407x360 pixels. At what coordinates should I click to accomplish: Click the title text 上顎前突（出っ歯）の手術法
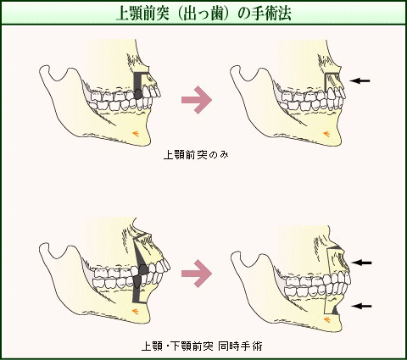[x=203, y=14]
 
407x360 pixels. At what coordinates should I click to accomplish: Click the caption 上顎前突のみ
[x=196, y=155]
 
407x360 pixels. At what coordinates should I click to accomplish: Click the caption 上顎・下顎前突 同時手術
[x=202, y=346]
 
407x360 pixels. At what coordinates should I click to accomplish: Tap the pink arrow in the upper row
[x=197, y=100]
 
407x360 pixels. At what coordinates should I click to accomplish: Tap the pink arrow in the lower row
[x=197, y=274]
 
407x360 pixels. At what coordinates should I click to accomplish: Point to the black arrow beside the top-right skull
[x=360, y=80]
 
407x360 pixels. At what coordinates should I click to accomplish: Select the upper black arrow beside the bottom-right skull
[x=361, y=263]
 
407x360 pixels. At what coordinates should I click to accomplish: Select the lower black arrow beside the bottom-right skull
[x=361, y=306]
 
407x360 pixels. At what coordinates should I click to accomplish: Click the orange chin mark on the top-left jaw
[x=136, y=132]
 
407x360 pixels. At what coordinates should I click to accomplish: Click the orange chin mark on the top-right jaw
[x=326, y=133]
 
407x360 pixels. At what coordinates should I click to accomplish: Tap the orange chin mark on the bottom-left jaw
[x=136, y=311]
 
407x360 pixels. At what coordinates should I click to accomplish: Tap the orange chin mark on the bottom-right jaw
[x=327, y=319]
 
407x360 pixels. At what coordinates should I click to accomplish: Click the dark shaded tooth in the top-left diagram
[x=138, y=94]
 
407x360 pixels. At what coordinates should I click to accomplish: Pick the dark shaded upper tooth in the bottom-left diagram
[x=143, y=269]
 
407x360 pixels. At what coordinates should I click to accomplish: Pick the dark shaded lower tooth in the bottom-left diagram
[x=137, y=282]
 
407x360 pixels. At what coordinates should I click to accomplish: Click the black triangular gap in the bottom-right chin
[x=336, y=311]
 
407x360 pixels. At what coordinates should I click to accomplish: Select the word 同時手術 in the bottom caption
[x=240, y=346]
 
